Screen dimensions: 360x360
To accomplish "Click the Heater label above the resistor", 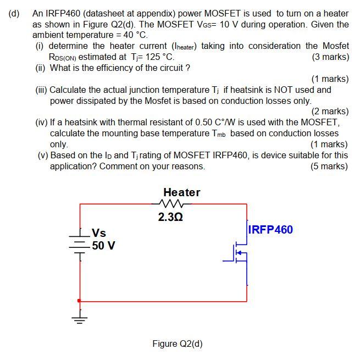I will click(181, 192).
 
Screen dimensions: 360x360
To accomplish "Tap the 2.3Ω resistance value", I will click(170, 217).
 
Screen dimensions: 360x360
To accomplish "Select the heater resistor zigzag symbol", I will click(173, 204).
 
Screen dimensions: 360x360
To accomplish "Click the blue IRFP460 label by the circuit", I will click(271, 230).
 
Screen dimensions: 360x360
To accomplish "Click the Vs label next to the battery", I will click(99, 233).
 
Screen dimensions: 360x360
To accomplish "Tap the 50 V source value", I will click(103, 245).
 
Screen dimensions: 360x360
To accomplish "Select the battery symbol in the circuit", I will click(80, 242).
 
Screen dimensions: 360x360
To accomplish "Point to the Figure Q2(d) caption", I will click(178, 344).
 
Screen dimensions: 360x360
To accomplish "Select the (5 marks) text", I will click(329, 166).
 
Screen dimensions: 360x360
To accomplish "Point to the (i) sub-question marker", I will click(40, 46).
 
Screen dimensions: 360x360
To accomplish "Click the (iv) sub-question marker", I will click(41, 122).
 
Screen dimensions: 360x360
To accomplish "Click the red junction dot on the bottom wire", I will click(80, 301).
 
